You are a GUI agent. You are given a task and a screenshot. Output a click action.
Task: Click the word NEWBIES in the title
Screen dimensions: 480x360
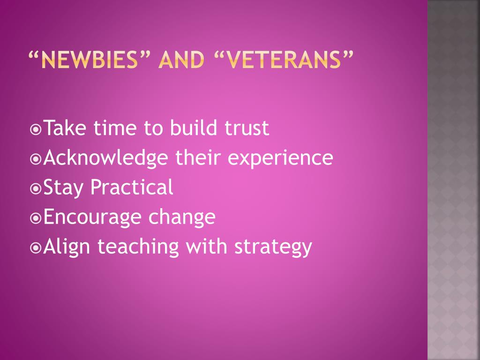click(90, 60)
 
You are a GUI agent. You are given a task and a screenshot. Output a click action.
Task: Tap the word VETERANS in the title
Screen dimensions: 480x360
click(284, 60)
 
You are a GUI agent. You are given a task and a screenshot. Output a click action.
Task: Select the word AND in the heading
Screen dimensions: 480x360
click(181, 60)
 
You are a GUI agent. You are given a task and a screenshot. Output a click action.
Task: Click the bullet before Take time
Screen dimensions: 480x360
click(36, 129)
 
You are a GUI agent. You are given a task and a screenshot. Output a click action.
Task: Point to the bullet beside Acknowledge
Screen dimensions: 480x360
click(36, 159)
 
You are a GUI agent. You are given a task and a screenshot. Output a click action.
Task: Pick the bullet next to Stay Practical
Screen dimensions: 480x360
click(36, 188)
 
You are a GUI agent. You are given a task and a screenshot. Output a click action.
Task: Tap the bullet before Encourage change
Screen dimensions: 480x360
click(36, 218)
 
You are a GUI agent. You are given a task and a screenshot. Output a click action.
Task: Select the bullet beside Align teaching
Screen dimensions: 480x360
click(36, 247)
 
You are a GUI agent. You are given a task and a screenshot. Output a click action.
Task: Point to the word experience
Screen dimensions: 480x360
click(280, 158)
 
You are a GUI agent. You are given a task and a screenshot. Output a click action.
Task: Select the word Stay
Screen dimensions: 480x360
click(63, 187)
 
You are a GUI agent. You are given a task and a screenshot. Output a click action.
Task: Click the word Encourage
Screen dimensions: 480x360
click(92, 217)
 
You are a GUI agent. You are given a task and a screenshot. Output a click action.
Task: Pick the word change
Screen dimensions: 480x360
click(182, 217)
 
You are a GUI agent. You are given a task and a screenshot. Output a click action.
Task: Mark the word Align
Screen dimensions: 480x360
click(67, 247)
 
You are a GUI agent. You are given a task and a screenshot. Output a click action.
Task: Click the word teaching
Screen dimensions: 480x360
click(138, 247)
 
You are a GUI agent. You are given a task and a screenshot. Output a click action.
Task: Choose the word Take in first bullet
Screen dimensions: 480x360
click(65, 127)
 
